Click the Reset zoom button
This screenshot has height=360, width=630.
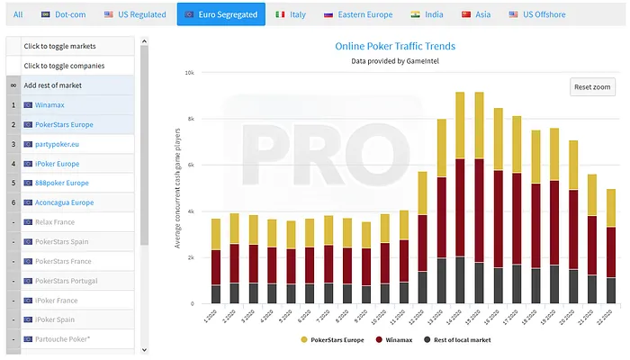pyautogui.click(x=593, y=86)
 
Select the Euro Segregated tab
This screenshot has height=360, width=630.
pyautogui.click(x=220, y=14)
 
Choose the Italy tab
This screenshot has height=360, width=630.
pyautogui.click(x=291, y=14)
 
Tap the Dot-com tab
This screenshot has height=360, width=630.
pyautogui.click(x=64, y=14)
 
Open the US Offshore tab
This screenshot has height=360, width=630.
pyautogui.click(x=538, y=14)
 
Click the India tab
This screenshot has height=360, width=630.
pyautogui.click(x=427, y=14)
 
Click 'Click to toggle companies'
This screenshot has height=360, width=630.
pyautogui.click(x=64, y=66)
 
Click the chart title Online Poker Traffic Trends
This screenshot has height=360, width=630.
pyautogui.click(x=395, y=45)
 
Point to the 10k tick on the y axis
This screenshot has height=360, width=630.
pyautogui.click(x=189, y=73)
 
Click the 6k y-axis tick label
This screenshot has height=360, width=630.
pyautogui.click(x=190, y=166)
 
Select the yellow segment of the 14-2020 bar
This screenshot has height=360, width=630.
pyautogui.click(x=460, y=125)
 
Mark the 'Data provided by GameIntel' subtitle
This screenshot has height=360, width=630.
pyautogui.click(x=395, y=61)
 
